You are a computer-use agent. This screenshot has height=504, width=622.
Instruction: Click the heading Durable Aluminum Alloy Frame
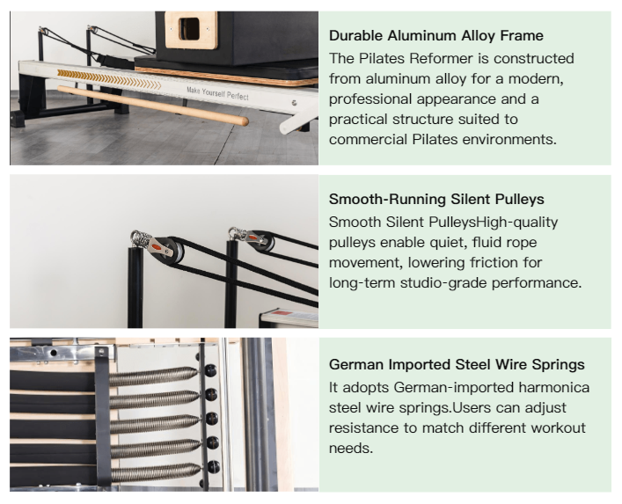(x=436, y=36)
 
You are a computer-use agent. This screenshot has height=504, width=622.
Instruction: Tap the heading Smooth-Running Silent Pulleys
(x=436, y=199)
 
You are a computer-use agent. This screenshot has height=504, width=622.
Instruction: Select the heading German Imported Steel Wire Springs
(x=457, y=364)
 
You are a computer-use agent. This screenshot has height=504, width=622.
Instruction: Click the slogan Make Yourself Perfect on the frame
(x=217, y=93)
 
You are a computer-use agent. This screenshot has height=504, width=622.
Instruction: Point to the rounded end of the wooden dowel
(x=243, y=121)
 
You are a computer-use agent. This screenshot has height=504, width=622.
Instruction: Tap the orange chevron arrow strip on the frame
(x=109, y=79)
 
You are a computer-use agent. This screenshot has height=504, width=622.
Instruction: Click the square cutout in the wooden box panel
(x=189, y=29)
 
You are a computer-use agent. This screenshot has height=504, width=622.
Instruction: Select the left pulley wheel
(x=173, y=250)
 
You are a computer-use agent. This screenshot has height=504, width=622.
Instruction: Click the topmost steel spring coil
(x=153, y=376)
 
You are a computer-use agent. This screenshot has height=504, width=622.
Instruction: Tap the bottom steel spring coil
(x=156, y=472)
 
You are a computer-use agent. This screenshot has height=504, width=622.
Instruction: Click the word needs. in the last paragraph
(x=351, y=449)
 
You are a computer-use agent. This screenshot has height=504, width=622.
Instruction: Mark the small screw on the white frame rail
(x=294, y=103)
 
